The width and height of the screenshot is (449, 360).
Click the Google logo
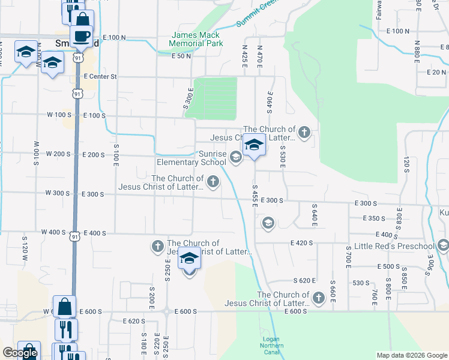click(19, 353)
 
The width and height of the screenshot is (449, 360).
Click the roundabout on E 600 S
click(166, 311)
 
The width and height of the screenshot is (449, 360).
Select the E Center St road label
click(100, 77)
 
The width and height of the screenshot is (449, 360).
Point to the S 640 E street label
click(314, 215)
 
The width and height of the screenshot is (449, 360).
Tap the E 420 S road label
click(303, 243)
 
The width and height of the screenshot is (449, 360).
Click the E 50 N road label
click(181, 56)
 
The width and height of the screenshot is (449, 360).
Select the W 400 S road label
click(53, 232)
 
